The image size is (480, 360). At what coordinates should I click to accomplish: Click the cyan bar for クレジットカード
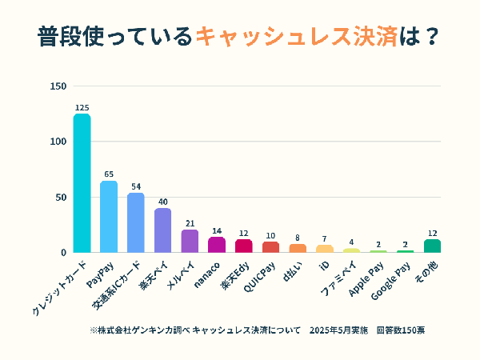pos(82,183)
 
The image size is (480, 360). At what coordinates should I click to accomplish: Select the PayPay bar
pos(109,217)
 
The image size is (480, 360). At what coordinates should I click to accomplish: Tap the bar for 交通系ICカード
pos(136,222)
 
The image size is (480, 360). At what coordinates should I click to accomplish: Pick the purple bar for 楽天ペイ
pos(162,230)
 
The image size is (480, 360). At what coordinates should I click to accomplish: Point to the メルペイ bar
pos(190,241)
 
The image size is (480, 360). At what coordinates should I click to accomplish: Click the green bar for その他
pos(432,246)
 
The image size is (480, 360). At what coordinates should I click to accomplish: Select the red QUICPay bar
pos(270,247)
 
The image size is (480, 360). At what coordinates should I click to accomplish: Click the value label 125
pos(82,107)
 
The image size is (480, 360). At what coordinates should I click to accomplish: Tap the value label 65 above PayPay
pos(109,174)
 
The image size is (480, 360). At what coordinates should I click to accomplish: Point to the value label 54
pos(136,186)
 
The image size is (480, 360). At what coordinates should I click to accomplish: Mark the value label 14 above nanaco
pos(217,230)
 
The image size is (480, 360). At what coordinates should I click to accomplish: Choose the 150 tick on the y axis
pos(58,86)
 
